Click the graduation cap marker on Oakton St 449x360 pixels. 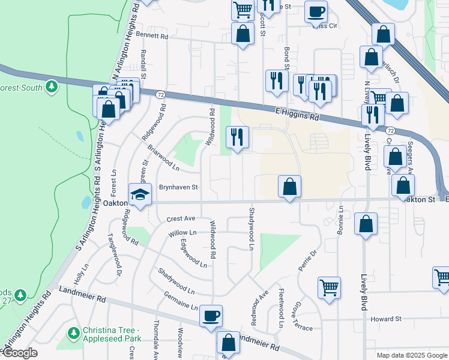click(x=140, y=195)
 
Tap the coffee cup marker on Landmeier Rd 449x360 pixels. click(x=211, y=316)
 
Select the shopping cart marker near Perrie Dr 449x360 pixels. click(x=329, y=287)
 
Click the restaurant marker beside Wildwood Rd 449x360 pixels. click(x=237, y=137)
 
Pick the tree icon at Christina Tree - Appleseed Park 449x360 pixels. click(x=74, y=332)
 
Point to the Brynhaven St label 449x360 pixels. click(x=178, y=187)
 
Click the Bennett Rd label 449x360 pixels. click(x=152, y=36)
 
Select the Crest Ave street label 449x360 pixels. click(x=181, y=218)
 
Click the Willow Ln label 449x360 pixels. click(x=182, y=232)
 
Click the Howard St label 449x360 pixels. click(x=385, y=319)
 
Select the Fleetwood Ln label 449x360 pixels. click(x=281, y=310)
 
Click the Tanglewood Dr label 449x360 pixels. click(x=114, y=256)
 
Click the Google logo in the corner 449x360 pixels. click(x=20, y=353)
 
